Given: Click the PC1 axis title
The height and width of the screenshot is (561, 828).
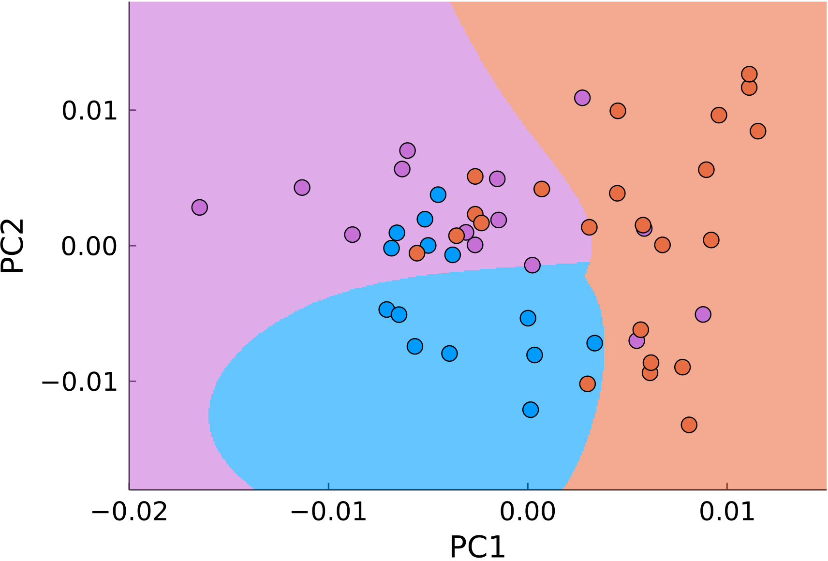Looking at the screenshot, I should coord(477,547).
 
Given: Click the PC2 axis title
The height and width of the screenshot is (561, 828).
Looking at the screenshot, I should coord(13,245).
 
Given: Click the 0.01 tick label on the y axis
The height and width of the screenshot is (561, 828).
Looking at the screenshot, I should coord(90,111).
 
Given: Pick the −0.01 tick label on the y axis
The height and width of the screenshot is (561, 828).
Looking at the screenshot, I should coord(80,382).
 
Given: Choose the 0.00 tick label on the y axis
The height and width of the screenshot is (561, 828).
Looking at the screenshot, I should coord(90,246).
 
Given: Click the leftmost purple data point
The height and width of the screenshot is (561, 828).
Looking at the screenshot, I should coord(199,207).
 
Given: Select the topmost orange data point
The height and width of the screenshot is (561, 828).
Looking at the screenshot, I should coord(749,74).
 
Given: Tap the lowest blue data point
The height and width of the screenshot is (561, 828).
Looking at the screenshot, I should coord(531,410).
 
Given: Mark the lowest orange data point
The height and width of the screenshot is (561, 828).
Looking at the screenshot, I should coord(689,425).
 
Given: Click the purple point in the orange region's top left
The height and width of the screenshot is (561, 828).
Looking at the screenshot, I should coord(582,98).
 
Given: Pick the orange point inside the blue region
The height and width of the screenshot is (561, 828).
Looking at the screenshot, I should coord(587,384).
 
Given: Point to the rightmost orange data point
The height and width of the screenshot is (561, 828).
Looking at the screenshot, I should coord(758,131).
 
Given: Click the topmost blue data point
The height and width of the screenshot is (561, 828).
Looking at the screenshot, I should coord(438,195).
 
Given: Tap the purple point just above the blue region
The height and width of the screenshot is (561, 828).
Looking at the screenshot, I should coord(532,265).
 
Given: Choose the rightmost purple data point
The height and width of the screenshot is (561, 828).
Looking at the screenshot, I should coord(703,314).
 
